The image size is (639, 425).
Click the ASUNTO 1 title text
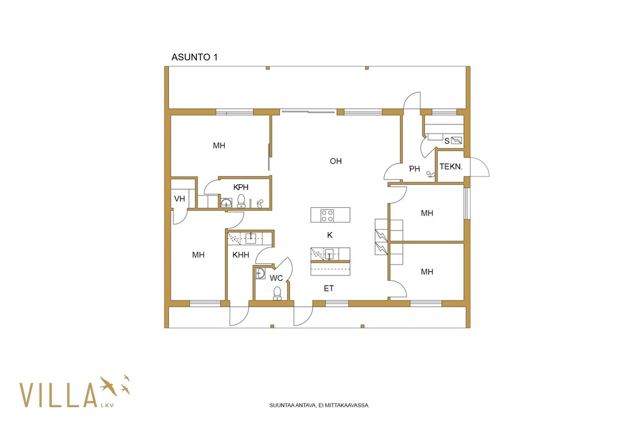pos(194,57)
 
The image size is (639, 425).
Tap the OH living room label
pos(336,161)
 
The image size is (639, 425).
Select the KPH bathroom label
pos(241,187)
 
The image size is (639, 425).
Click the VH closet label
pos(179,199)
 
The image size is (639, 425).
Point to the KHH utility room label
pos(240,255)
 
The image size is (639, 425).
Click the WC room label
pos(276,278)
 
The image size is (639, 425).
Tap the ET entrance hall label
pos(329,289)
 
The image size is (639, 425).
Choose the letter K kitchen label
pos(330,235)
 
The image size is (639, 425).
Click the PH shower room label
pos(414,169)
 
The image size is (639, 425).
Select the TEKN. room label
pos(451,166)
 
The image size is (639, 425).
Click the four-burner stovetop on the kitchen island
pos(327,215)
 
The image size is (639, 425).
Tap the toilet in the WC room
pos(278,293)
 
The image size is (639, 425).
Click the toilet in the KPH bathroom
pos(241,201)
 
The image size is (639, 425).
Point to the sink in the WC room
pos(260,273)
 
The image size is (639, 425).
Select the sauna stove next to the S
pos(456,141)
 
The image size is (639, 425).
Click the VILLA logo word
pos(58,395)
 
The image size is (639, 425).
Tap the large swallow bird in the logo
pos(108,386)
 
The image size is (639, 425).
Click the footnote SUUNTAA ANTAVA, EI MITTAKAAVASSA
pos(319,405)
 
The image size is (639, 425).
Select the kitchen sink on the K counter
pos(329,254)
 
